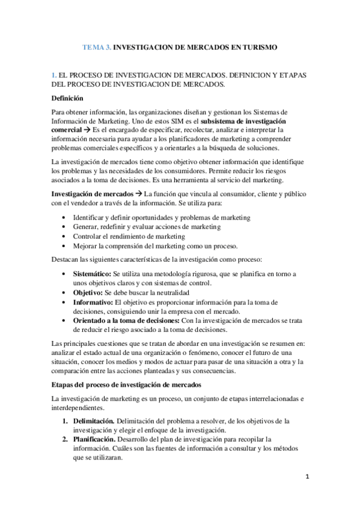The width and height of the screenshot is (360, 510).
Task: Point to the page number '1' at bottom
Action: coord(307,478)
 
